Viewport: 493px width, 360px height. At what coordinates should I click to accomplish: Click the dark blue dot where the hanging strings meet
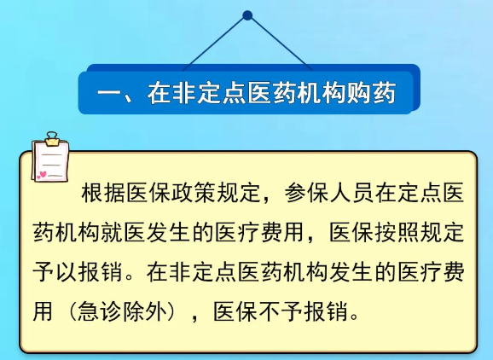(x=247, y=15)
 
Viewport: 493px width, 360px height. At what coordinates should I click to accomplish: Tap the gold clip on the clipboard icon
(x=52, y=139)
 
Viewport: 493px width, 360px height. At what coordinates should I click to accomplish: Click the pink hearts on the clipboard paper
(x=42, y=175)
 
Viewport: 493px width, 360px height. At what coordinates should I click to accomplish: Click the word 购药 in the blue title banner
(x=371, y=93)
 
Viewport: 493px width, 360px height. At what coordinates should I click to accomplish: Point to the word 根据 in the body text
(x=103, y=192)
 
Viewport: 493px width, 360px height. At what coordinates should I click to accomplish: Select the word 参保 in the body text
(x=307, y=192)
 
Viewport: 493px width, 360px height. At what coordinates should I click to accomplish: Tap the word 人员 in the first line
(x=352, y=192)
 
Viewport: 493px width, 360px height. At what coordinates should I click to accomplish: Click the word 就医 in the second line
(x=123, y=232)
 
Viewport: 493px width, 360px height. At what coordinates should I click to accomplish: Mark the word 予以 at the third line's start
(x=55, y=271)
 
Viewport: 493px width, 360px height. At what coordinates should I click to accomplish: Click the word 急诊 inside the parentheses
(x=99, y=311)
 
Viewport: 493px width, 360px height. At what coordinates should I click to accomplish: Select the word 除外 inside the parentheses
(x=145, y=311)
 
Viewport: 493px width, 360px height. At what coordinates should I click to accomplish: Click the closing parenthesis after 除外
(x=172, y=311)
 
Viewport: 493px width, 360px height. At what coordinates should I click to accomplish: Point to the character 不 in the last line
(x=270, y=311)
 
